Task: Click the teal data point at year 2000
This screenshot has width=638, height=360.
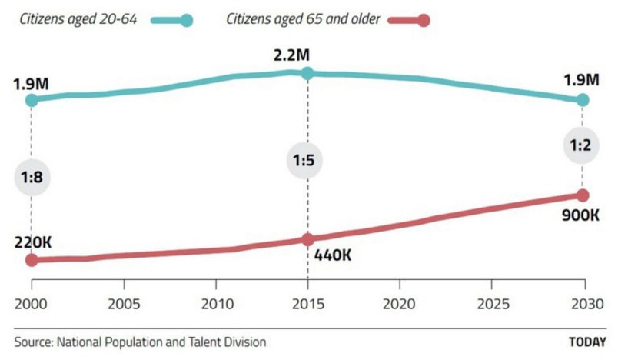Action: pyautogui.click(x=32, y=100)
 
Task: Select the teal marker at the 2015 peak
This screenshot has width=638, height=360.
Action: pyautogui.click(x=307, y=73)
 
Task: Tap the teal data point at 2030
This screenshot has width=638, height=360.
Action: pyautogui.click(x=583, y=100)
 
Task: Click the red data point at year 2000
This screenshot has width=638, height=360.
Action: pyautogui.click(x=32, y=260)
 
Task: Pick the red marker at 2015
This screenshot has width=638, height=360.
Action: pyautogui.click(x=307, y=239)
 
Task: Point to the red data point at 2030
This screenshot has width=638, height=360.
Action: pyautogui.click(x=583, y=195)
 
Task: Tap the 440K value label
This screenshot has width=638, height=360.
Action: pyautogui.click(x=333, y=255)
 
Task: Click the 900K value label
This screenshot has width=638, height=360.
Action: pyautogui.click(x=580, y=215)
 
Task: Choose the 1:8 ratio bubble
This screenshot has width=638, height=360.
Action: pyautogui.click(x=32, y=178)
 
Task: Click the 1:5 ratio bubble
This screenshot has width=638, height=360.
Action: pyautogui.click(x=306, y=162)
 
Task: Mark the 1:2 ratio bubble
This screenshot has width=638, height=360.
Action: pyautogui.click(x=582, y=145)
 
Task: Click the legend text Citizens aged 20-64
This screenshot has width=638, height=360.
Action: pyautogui.click(x=78, y=19)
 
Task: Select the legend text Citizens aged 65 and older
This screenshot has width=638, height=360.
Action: pyautogui.click(x=303, y=19)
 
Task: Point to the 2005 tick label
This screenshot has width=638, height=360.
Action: pyautogui.click(x=124, y=304)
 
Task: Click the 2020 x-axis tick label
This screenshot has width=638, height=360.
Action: pyautogui.click(x=400, y=304)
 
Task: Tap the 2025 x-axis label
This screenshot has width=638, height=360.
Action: pyautogui.click(x=492, y=304)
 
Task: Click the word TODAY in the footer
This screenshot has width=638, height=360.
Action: pyautogui.click(x=587, y=342)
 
